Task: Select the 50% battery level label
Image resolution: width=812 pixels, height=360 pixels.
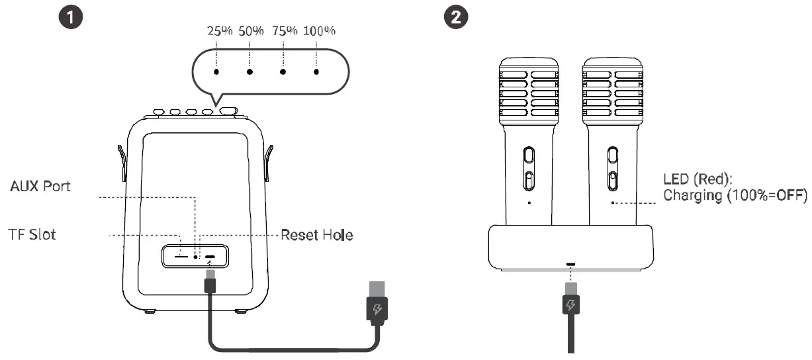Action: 250,31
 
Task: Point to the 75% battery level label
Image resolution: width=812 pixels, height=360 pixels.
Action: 284,31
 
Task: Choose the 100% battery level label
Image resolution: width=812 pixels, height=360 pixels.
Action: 319,31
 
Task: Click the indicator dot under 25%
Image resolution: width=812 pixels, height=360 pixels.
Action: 216,71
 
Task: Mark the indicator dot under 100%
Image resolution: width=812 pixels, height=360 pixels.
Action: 317,71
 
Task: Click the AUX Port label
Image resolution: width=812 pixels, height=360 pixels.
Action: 40,187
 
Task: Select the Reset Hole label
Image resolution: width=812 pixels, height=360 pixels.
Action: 316,235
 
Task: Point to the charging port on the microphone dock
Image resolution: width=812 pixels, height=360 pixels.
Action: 570,264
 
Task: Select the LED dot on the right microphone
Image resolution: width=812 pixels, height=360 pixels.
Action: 613,203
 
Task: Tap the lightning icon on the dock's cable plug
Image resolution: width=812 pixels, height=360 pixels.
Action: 570,305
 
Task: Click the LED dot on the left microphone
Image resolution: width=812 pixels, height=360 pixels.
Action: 529,203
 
